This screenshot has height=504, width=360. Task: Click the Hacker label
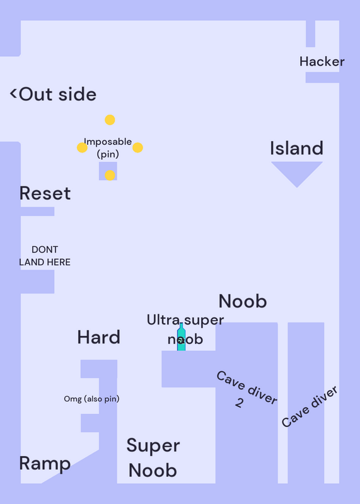pyautogui.click(x=322, y=61)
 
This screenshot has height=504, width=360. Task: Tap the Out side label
pyautogui.click(x=57, y=94)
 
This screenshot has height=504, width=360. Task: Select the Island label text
pyautogui.click(x=296, y=148)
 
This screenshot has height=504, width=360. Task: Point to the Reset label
pyautogui.click(x=45, y=193)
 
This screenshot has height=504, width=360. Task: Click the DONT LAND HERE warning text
pyautogui.click(x=45, y=256)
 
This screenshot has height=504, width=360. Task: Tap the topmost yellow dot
pyautogui.click(x=110, y=120)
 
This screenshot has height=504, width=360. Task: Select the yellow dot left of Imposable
pyautogui.click(x=82, y=147)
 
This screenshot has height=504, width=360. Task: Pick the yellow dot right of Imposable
pyautogui.click(x=137, y=147)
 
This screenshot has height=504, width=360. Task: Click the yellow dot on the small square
pyautogui.click(x=110, y=175)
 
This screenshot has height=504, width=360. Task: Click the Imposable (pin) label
pyautogui.click(x=108, y=148)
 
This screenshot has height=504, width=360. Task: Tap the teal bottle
pyautogui.click(x=182, y=336)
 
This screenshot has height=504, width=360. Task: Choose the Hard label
pyautogui.click(x=99, y=337)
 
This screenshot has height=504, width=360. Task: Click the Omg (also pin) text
pyautogui.click(x=91, y=399)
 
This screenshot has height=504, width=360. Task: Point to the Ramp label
pyautogui.click(x=45, y=464)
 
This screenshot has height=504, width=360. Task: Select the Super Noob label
pyautogui.click(x=153, y=458)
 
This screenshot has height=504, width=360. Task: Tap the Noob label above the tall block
pyautogui.click(x=243, y=301)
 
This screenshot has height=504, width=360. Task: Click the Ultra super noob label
pyautogui.click(x=185, y=329)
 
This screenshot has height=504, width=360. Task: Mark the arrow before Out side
pyautogui.click(x=13, y=93)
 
